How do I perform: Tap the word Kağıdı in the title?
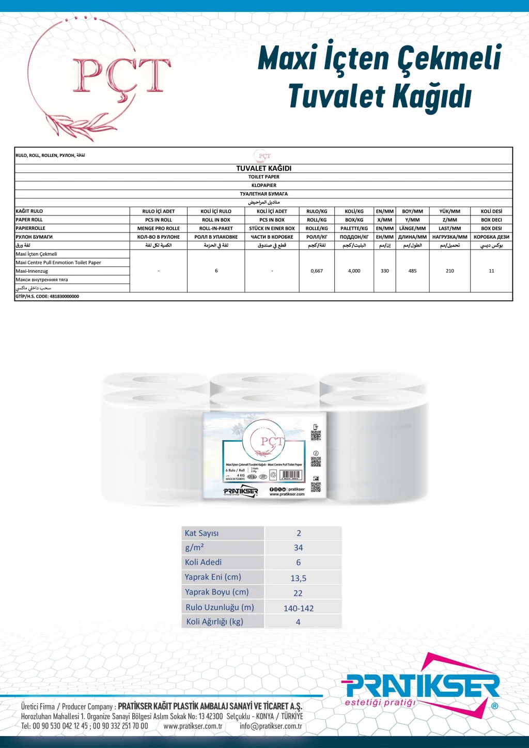[x=432, y=97]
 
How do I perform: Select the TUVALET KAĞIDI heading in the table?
[x=264, y=168]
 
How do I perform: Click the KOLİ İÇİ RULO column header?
[x=216, y=211]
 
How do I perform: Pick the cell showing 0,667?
[x=317, y=271]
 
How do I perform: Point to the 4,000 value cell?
[x=354, y=271]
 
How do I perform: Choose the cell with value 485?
[x=412, y=271]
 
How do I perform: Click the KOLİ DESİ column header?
[x=491, y=211]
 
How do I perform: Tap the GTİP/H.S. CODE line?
[x=48, y=297]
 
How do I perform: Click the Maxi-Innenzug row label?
[x=32, y=271]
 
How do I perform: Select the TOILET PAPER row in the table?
[x=264, y=177]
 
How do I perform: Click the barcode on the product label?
[x=291, y=475]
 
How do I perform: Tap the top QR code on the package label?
[x=316, y=435]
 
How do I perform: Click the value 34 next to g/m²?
[x=299, y=548]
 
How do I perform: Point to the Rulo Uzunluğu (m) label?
[x=220, y=607]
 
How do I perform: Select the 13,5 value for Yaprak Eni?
[x=299, y=579]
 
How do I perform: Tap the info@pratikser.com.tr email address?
[x=271, y=726]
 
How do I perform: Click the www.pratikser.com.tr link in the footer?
[x=193, y=726]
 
